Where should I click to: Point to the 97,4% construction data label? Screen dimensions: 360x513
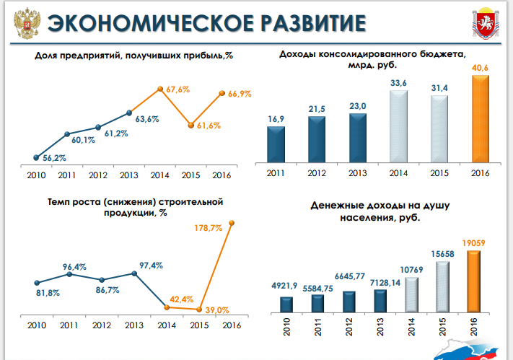(152, 266)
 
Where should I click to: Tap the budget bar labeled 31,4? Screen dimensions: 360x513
(440, 131)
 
